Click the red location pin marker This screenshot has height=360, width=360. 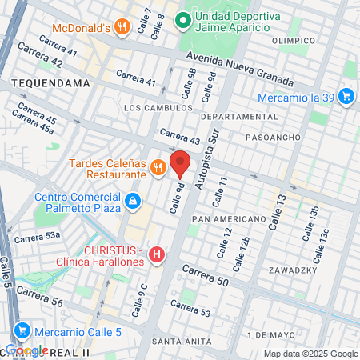click(x=180, y=162)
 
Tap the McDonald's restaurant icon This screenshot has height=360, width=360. click(x=121, y=26)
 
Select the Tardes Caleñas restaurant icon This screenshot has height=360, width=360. click(x=158, y=168)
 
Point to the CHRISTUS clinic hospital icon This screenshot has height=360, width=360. click(x=157, y=255)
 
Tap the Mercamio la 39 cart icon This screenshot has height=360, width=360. click(x=346, y=97)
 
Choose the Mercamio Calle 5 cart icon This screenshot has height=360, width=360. click(x=22, y=330)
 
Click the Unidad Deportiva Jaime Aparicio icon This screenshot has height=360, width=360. click(x=183, y=18)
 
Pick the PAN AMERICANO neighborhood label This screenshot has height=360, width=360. click(x=228, y=218)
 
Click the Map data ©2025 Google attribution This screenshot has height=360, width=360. click(x=311, y=354)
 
